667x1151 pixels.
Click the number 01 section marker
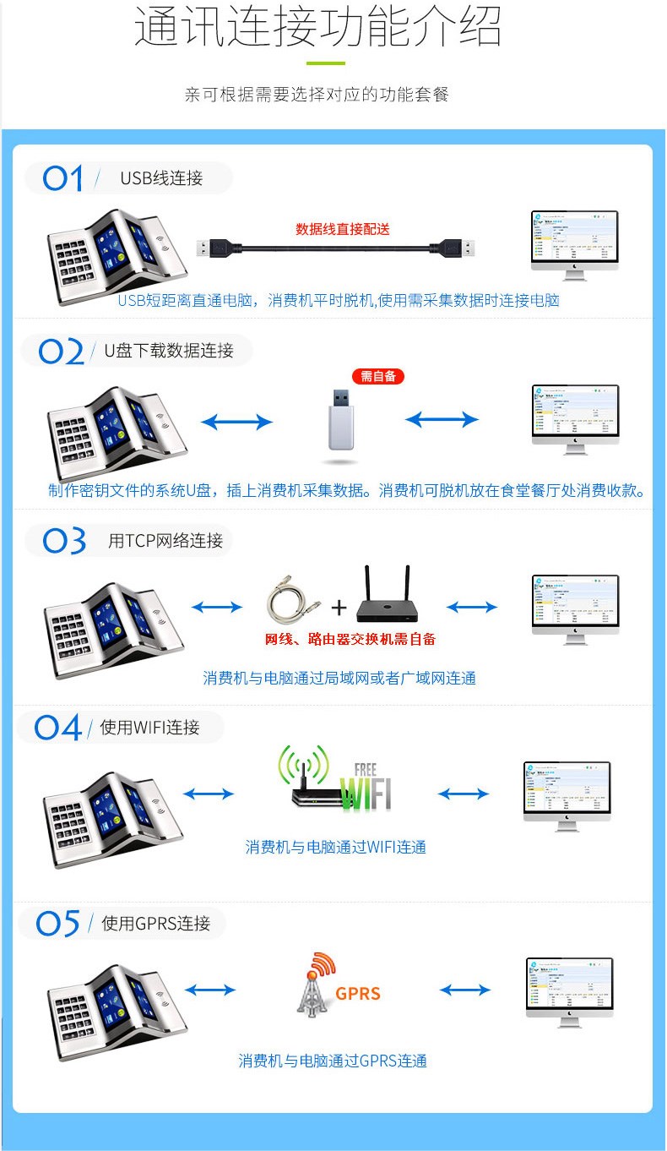point(63,178)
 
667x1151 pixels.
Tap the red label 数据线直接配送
point(343,229)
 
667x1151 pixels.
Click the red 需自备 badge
point(377,376)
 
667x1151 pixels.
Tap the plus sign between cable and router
point(339,608)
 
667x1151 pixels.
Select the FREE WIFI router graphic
point(335,779)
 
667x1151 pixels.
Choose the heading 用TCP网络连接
point(165,541)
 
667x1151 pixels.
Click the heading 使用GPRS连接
point(155,924)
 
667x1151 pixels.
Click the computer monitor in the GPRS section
point(569,992)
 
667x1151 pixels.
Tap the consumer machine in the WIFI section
point(113,818)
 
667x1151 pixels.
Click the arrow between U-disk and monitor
point(442,419)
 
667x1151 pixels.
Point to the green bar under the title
point(325,63)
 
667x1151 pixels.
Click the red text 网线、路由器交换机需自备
point(350,639)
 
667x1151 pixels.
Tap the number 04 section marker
point(57,728)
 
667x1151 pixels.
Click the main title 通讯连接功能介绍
point(318,27)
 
